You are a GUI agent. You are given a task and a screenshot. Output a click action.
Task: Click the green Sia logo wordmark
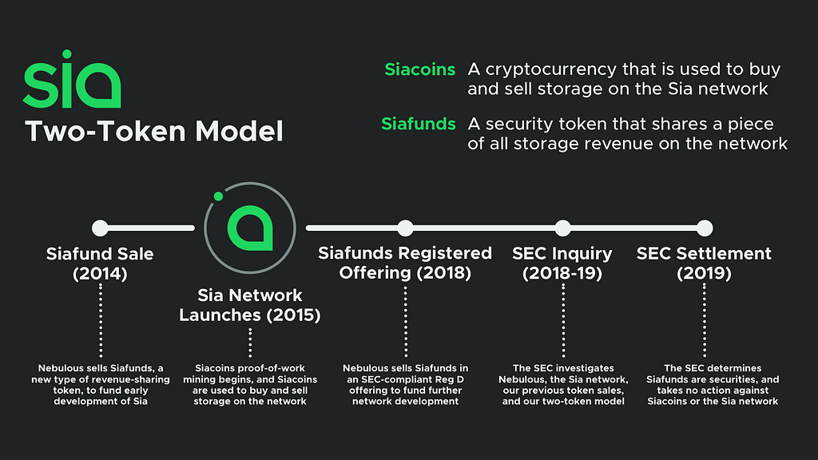pos(72,81)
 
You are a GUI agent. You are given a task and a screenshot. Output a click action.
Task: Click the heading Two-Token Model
pos(154,131)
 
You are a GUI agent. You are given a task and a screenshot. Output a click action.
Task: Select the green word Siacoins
pos(419,69)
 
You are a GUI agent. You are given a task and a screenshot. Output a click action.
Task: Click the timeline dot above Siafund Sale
pos(100,228)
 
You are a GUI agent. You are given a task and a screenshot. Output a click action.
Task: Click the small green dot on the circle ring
pos(216,196)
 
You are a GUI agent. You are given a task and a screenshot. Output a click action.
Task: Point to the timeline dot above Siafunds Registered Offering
pos(405,228)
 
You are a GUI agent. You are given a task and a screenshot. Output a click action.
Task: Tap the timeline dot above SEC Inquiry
pos(562,228)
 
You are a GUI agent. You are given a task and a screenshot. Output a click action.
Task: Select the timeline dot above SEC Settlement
pos(704,228)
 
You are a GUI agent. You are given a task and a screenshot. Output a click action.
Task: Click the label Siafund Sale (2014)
pos(100,264)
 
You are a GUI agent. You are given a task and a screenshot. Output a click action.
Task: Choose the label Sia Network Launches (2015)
pos(250,306)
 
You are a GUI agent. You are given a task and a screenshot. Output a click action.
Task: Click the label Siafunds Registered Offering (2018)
pos(405,264)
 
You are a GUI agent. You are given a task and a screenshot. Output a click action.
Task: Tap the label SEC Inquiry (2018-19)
pos(562,264)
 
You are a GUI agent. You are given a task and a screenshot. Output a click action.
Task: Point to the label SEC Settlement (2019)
pos(704,264)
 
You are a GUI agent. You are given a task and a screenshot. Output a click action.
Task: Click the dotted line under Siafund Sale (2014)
pos(100,319)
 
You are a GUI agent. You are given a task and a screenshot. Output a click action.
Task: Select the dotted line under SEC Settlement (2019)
pos(704,319)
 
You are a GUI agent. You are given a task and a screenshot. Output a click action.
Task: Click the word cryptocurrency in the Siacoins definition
pos(559,69)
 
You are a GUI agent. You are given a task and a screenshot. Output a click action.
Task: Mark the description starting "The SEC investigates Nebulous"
pos(562,385)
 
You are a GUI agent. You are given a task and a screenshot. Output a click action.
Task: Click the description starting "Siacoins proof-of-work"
pos(250,385)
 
